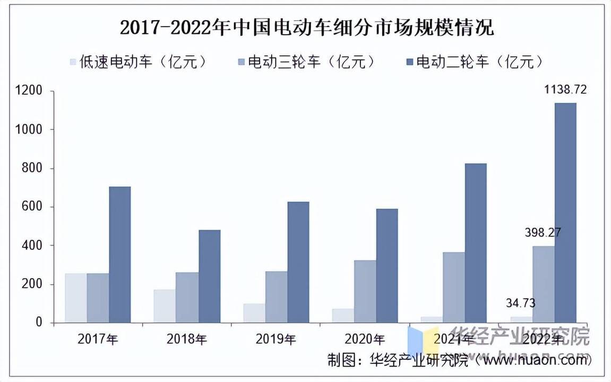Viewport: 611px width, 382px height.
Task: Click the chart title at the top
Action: [306, 27]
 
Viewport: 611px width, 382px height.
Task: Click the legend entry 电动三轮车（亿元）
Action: [306, 62]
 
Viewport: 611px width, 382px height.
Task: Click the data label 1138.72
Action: [565, 90]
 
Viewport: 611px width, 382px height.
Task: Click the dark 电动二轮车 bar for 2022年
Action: [565, 212]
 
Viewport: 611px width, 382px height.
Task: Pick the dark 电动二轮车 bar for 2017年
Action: [119, 255]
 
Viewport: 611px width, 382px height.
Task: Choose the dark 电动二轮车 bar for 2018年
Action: [209, 276]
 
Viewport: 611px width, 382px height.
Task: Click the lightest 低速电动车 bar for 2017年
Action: [75, 298]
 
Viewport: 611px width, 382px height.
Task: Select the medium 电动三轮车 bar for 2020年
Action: [365, 291]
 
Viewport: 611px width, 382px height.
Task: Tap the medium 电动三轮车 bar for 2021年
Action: [454, 287]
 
